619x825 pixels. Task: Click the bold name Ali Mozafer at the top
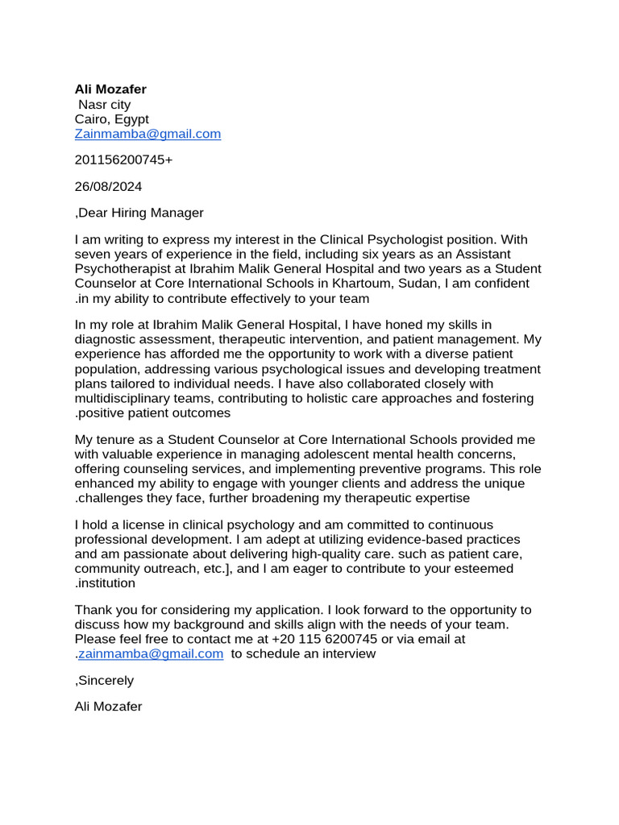pyautogui.click(x=110, y=89)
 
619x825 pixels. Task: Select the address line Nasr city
pyautogui.click(x=104, y=105)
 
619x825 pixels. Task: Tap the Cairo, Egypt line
pyautogui.click(x=111, y=119)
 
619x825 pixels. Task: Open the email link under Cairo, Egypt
pyautogui.click(x=147, y=135)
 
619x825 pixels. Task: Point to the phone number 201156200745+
pyautogui.click(x=123, y=160)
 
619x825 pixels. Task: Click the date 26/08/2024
pyautogui.click(x=108, y=187)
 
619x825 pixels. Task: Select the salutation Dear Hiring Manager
pyautogui.click(x=139, y=214)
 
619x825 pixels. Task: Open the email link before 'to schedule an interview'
pyautogui.click(x=151, y=654)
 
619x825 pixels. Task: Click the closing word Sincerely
pyautogui.click(x=106, y=681)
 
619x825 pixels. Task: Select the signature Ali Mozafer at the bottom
pyautogui.click(x=108, y=707)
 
